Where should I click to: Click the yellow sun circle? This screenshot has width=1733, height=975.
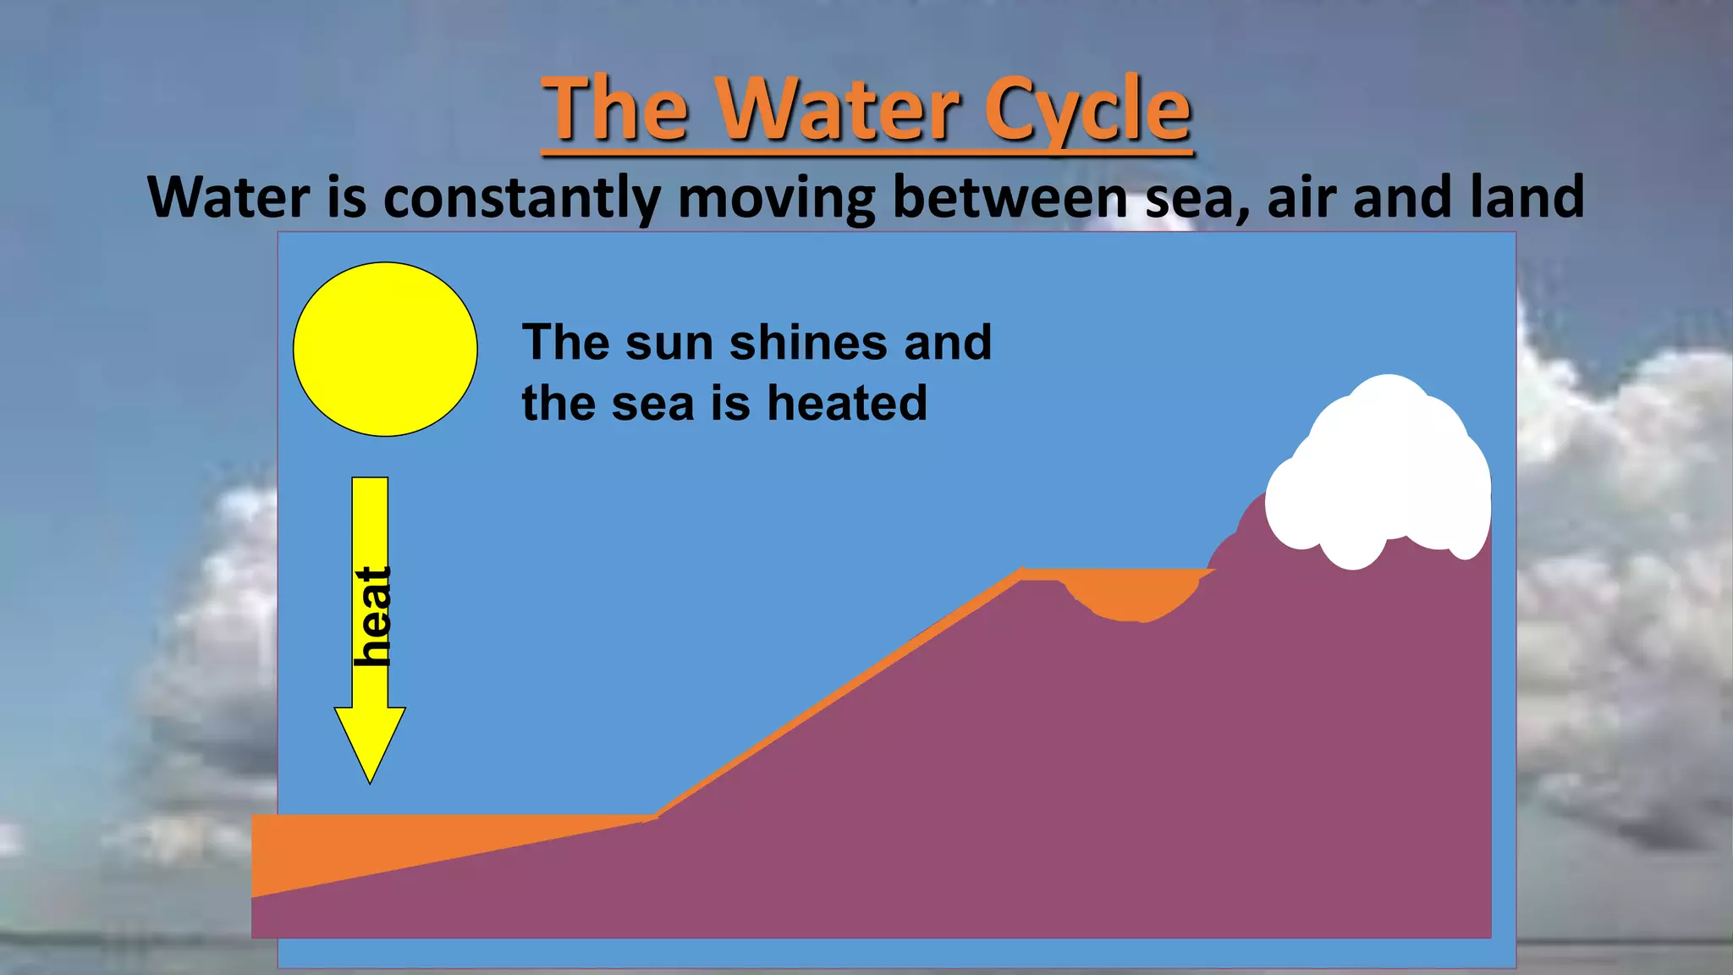[385, 349]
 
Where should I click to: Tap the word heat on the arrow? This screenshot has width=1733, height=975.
[372, 615]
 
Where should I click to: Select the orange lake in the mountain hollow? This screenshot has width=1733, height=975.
[1130, 593]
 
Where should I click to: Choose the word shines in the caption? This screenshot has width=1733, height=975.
[808, 343]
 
